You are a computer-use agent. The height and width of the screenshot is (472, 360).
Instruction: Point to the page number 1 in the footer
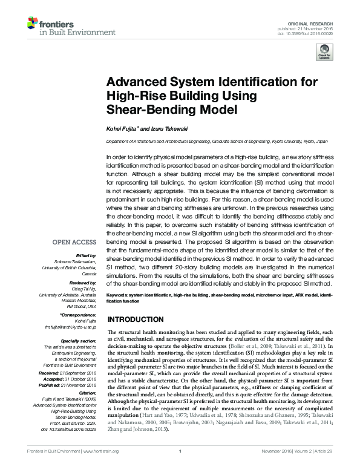point(180,467)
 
